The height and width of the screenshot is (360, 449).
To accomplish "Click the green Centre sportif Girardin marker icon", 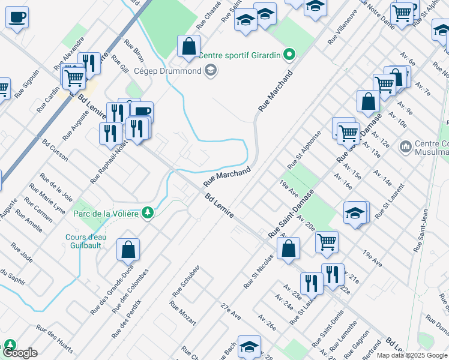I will [289, 56].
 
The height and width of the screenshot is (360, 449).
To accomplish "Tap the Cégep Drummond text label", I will [168, 71].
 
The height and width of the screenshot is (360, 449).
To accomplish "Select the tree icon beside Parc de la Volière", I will [147, 213].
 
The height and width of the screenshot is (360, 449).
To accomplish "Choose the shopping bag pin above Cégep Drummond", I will [188, 46].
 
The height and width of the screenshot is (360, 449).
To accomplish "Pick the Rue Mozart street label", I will [182, 313].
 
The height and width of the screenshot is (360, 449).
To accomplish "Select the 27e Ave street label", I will [231, 312].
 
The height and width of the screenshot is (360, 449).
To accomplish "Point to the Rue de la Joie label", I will [56, 185].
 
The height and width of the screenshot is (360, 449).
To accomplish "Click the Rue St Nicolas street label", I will [258, 271].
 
